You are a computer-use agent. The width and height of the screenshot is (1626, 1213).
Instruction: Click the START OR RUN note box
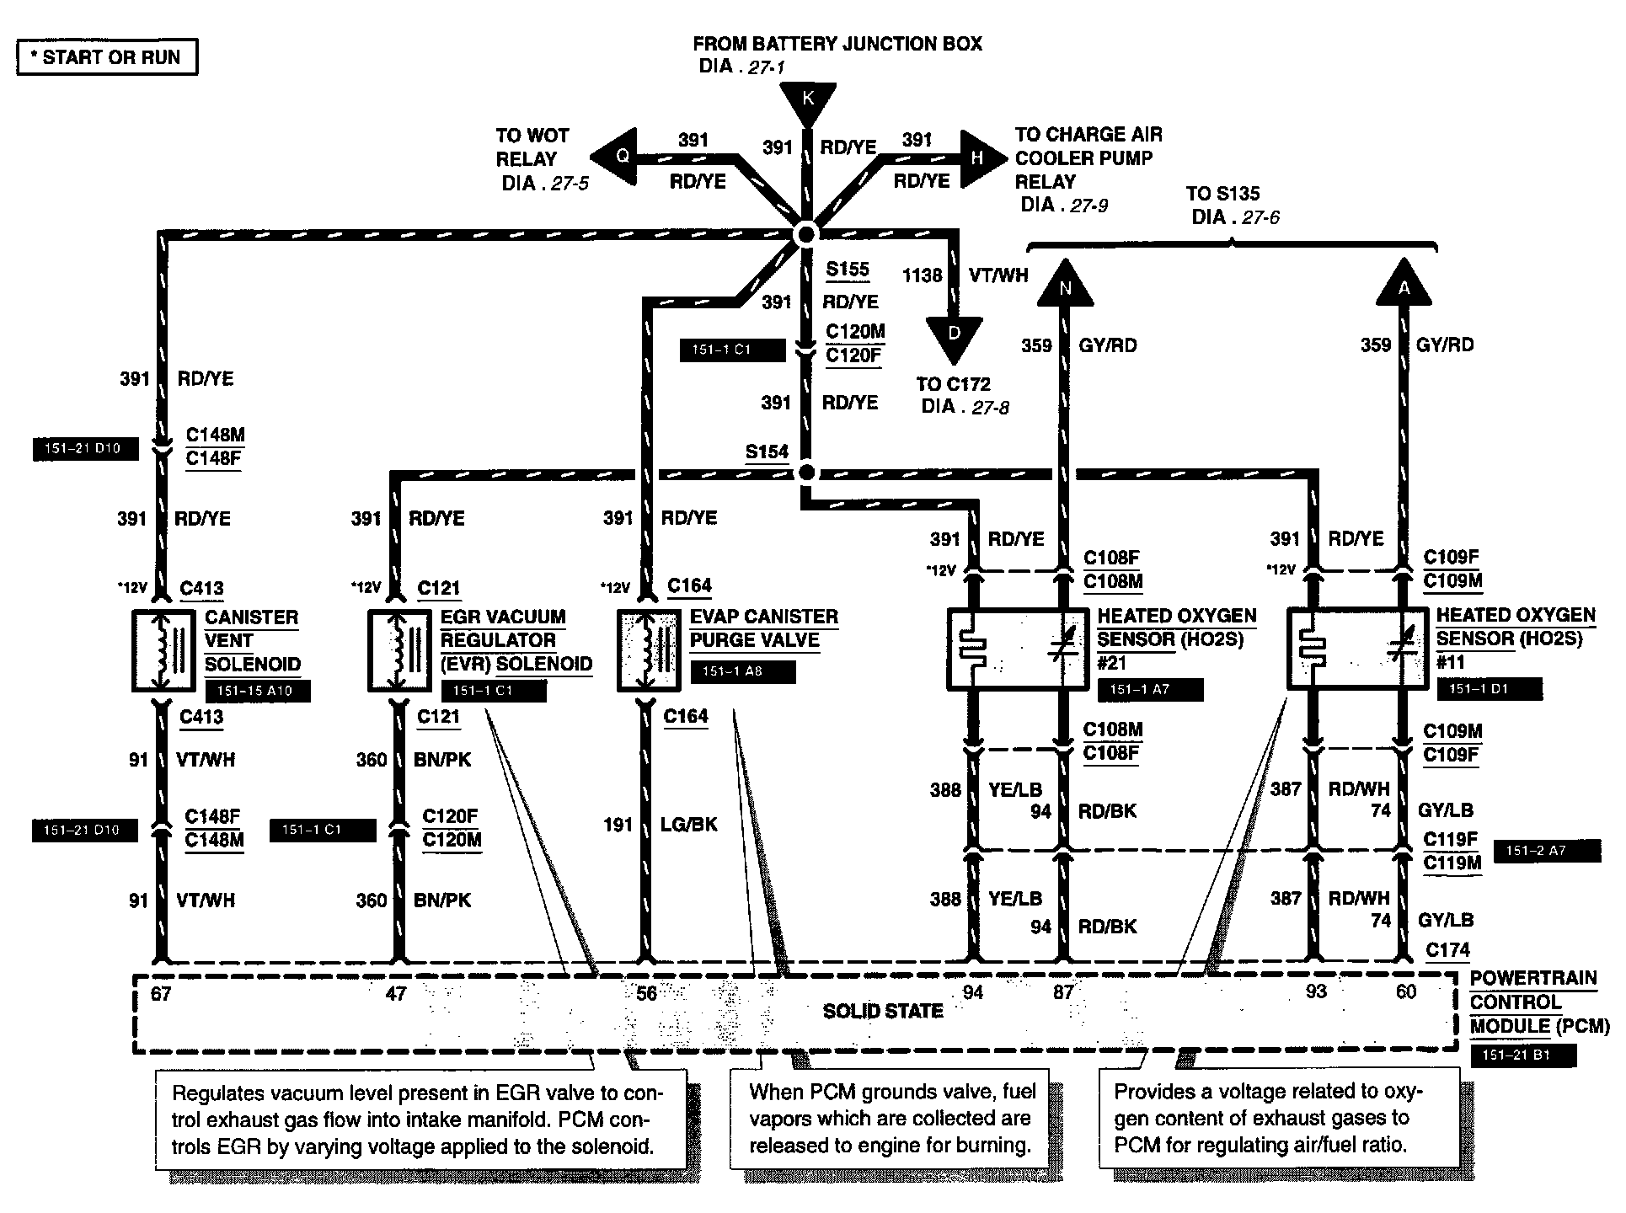[107, 57]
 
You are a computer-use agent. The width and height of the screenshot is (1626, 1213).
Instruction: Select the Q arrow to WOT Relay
[616, 157]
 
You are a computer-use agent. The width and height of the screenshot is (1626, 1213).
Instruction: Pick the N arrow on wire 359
[1065, 284]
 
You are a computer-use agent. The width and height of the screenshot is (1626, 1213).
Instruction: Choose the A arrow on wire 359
[1404, 284]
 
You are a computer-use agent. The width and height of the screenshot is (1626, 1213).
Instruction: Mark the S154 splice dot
[806, 473]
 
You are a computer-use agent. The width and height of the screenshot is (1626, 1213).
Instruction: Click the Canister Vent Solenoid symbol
[163, 651]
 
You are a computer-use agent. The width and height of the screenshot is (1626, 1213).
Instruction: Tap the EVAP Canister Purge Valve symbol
[647, 651]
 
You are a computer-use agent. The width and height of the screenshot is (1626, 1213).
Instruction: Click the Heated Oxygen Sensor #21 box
[1019, 649]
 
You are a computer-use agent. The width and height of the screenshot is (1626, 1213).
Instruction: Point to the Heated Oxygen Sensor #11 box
[1357, 649]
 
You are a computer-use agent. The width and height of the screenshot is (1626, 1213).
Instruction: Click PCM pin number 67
[161, 994]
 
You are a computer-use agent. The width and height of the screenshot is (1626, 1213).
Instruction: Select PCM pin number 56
[646, 994]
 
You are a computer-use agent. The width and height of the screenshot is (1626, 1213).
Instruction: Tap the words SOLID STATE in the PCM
[882, 1011]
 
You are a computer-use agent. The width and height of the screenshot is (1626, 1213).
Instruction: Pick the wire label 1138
[922, 275]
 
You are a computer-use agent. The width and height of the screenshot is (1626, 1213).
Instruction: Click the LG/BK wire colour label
[689, 824]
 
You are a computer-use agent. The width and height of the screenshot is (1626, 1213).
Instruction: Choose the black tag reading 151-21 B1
[1522, 1055]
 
